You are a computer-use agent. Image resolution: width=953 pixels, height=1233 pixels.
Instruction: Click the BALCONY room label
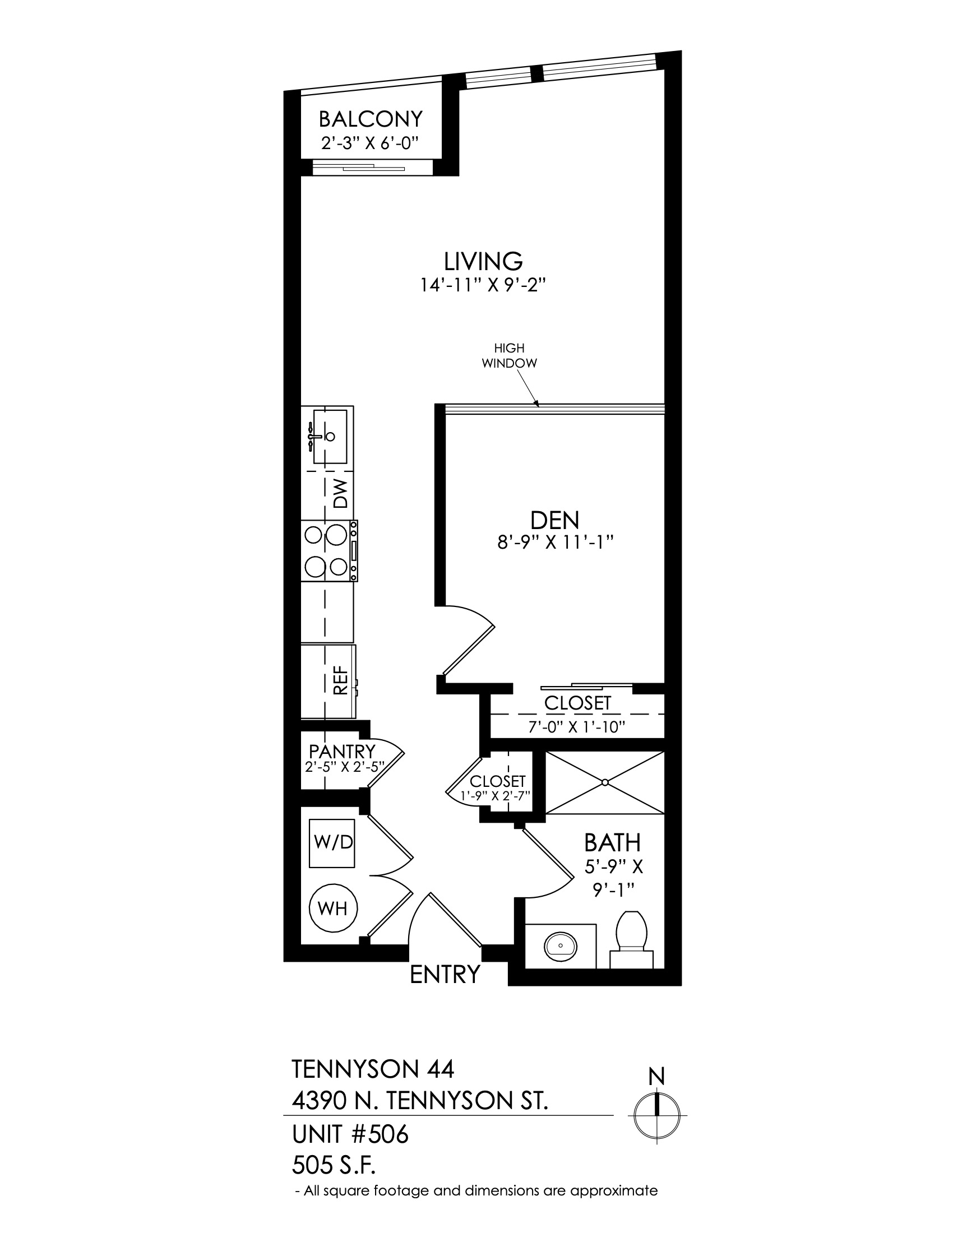pyautogui.click(x=371, y=119)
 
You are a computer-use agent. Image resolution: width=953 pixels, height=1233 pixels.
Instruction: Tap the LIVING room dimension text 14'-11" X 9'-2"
pyautogui.click(x=484, y=285)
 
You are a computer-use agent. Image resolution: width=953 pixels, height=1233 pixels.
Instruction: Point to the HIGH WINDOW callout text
pyautogui.click(x=509, y=356)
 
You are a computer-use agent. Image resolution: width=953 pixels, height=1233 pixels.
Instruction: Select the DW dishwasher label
pyautogui.click(x=340, y=494)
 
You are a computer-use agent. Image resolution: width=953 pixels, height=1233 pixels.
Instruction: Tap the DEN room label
pyautogui.click(x=555, y=520)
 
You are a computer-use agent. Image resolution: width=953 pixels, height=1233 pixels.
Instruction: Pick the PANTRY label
pyautogui.click(x=342, y=752)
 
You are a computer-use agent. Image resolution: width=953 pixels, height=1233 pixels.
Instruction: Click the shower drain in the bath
pyautogui.click(x=605, y=782)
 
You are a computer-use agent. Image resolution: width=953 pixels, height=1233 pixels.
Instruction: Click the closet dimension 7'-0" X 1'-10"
pyautogui.click(x=577, y=726)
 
